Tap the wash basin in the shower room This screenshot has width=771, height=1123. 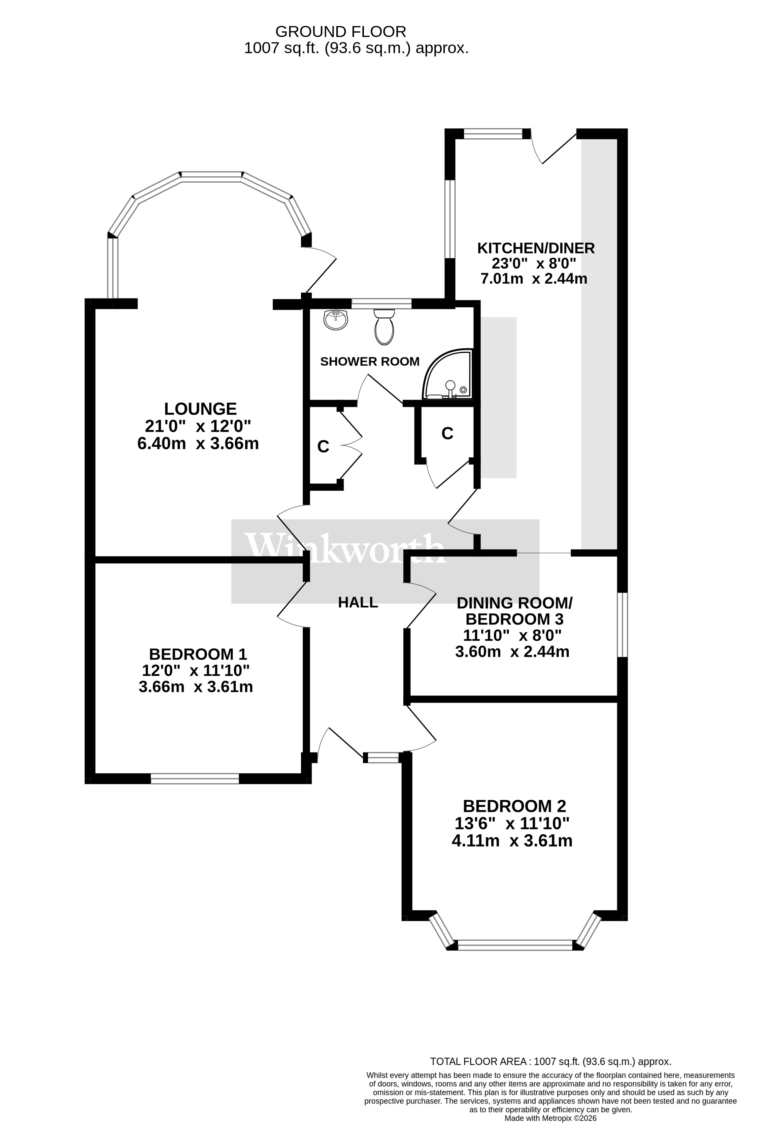click(x=336, y=320)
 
